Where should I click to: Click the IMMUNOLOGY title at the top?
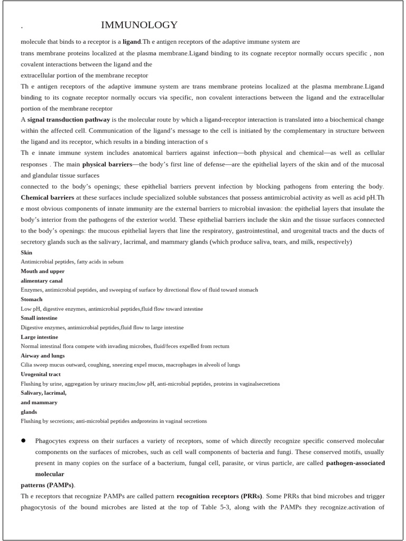[x=139, y=25]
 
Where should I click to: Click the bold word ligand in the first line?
[x=132, y=42]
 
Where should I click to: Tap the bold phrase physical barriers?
[x=107, y=164]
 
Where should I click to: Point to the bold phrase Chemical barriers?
[x=48, y=198]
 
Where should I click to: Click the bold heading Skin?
[x=26, y=253]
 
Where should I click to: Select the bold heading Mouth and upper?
[x=43, y=271]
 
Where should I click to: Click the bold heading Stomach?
[x=32, y=300]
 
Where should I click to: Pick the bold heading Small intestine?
[x=39, y=318]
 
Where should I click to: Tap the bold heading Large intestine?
[x=40, y=337]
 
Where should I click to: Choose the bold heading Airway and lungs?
[x=43, y=356]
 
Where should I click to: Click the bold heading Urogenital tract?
[x=41, y=374]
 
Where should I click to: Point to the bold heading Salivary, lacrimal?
[x=44, y=393]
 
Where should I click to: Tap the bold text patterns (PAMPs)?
[x=48, y=485]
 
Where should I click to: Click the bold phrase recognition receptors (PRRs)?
[x=218, y=497]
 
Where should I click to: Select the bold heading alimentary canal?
[x=42, y=281]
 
